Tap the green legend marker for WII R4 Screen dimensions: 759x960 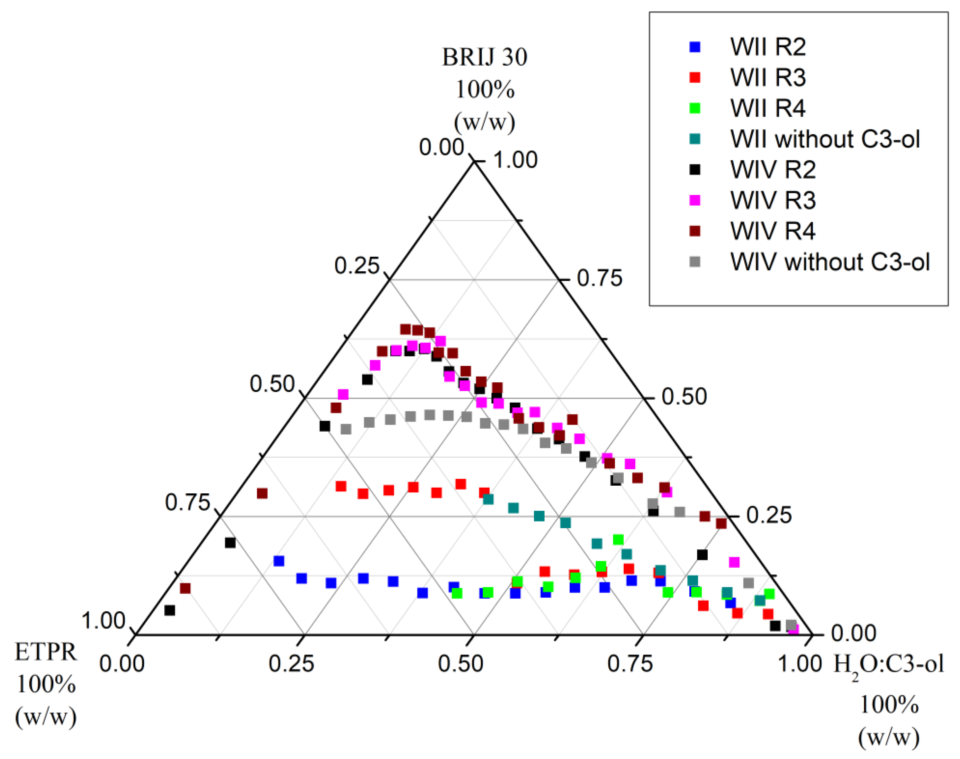694,108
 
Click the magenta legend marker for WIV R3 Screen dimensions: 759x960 694,200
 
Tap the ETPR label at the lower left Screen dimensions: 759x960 46,652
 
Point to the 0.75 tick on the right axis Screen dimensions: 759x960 599,279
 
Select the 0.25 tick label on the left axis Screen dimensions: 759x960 357,266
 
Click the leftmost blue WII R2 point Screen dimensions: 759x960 278,561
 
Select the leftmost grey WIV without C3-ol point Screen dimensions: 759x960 346,429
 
